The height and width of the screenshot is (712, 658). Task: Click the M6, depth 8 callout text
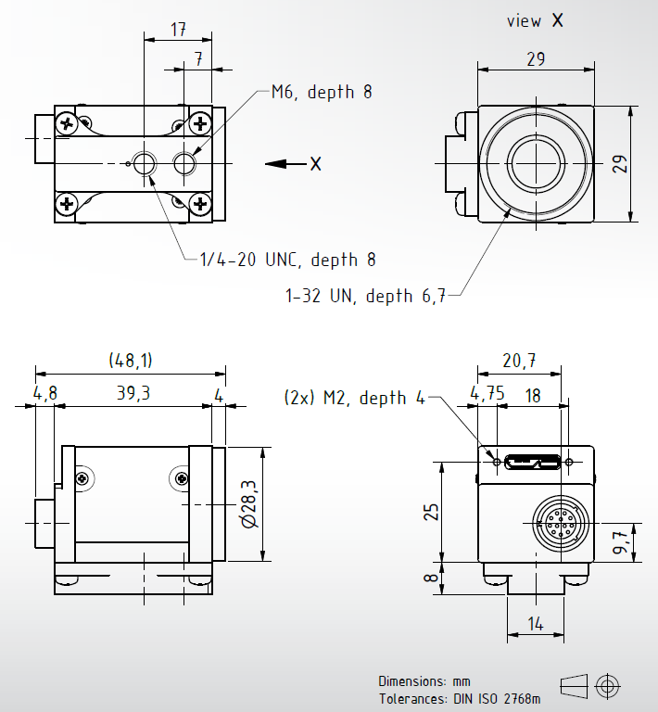point(322,92)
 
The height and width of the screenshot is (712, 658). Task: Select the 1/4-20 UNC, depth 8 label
point(287,260)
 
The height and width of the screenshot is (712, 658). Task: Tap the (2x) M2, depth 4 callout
point(354,398)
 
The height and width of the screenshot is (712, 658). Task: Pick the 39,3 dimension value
point(133,393)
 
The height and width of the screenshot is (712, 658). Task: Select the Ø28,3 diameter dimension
point(248,504)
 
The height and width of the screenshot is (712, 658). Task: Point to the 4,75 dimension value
point(487,392)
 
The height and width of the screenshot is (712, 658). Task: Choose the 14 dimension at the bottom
point(536,624)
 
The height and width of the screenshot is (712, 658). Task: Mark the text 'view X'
point(535,20)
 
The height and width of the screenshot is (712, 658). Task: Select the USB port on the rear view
point(533,460)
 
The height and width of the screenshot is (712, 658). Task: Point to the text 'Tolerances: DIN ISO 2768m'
point(460,698)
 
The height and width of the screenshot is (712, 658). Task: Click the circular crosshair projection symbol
point(608,685)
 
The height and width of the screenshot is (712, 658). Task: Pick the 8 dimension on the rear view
point(430,578)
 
